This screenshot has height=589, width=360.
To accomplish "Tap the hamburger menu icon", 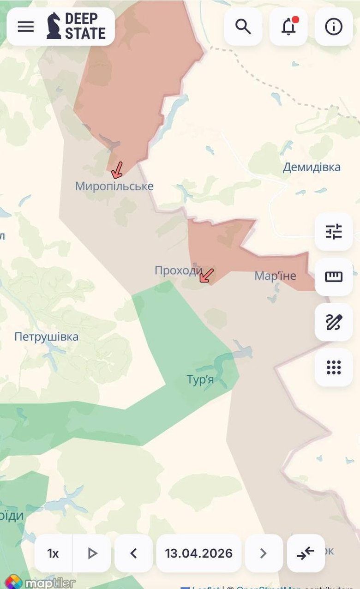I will click(x=26, y=27).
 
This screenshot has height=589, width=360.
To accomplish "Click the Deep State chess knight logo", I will click(x=54, y=26).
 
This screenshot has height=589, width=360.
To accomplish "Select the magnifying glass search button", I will click(x=243, y=27).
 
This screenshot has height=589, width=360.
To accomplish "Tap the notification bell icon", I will click(x=288, y=27).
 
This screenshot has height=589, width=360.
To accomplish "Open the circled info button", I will click(x=334, y=27).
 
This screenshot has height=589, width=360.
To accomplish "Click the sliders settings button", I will click(x=334, y=232).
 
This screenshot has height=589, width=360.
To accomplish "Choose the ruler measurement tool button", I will click(x=334, y=277).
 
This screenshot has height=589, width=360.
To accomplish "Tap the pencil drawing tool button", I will click(x=334, y=322).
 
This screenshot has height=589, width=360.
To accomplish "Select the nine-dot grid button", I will click(x=334, y=367).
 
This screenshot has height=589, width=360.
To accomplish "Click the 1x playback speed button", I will click(x=53, y=553).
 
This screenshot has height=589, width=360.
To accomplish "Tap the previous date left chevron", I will click(x=134, y=553).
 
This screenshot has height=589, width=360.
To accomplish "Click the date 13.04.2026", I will click(x=199, y=553).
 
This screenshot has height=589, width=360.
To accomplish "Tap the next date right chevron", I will click(x=264, y=553).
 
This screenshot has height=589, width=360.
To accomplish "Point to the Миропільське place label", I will click(x=114, y=186).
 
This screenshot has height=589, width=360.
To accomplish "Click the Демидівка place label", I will click(x=312, y=167).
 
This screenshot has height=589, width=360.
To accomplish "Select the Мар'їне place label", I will click(x=275, y=276).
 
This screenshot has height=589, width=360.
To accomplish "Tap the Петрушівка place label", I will click(x=46, y=337).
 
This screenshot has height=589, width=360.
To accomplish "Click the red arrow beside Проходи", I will click(x=207, y=275).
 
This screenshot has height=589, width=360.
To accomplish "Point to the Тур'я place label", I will click(x=200, y=380).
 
